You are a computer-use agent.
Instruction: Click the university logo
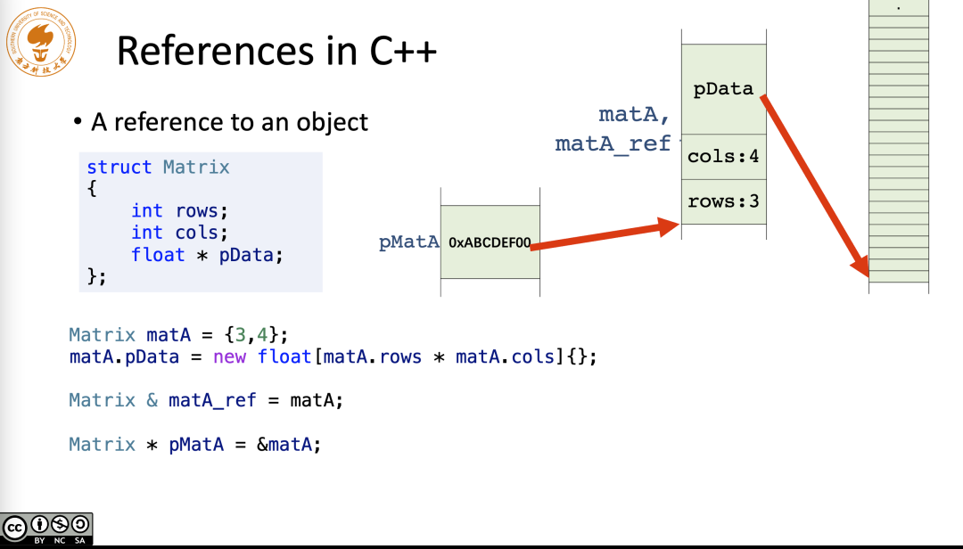point(40,42)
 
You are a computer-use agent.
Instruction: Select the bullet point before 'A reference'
point(78,122)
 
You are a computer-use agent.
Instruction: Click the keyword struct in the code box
point(119,168)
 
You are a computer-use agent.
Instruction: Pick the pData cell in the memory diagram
point(723,89)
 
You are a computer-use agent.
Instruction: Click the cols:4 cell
point(723,157)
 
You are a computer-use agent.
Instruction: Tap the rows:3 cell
point(723,201)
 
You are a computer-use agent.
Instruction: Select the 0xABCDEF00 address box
point(490,242)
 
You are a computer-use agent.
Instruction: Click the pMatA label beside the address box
point(409,242)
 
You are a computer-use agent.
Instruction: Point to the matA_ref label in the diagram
point(612,143)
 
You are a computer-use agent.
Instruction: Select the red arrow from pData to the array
point(815,183)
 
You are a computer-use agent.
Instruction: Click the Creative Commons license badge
point(46,529)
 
